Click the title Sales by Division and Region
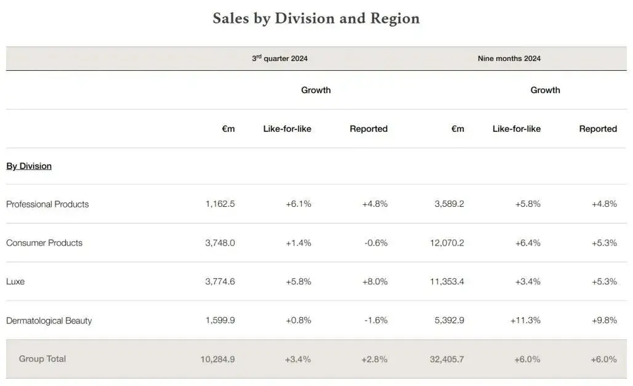316,18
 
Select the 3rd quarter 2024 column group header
280,59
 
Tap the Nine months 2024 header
509,59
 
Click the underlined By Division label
29,166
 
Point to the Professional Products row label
47,204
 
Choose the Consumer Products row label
44,243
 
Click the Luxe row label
15,282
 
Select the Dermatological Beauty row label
49,321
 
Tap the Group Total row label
42,359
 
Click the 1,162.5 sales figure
220,204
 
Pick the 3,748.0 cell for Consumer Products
220,243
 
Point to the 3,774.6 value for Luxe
220,282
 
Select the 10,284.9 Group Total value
217,359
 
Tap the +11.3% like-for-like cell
525,321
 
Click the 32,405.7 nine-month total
446,359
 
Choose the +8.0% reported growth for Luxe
375,282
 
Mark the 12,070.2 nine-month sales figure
446,243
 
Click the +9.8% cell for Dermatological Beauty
604,321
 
